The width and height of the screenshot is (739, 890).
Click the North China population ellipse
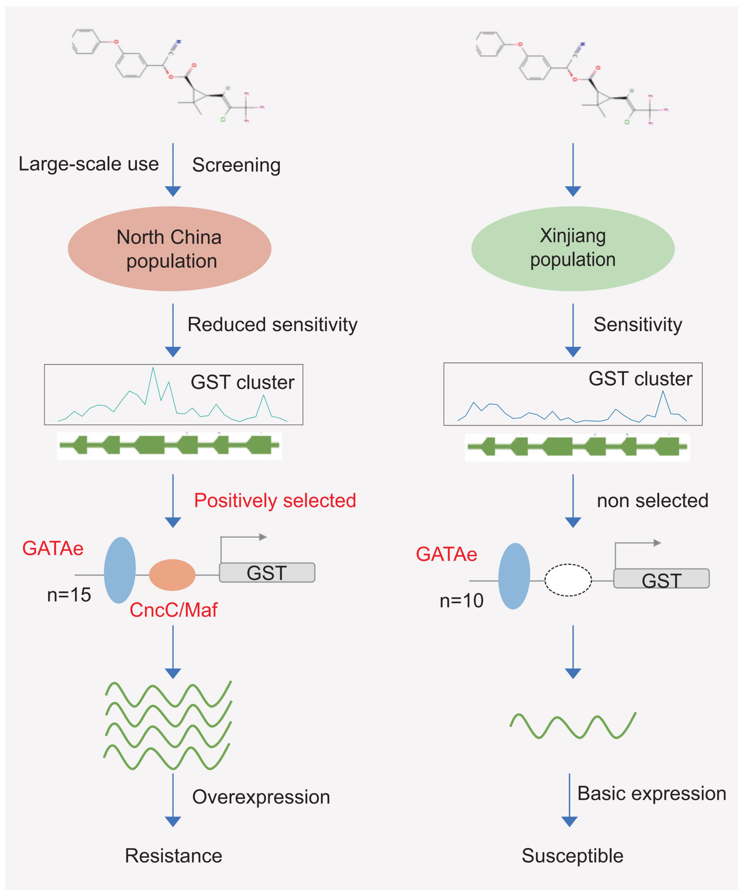[x=169, y=249]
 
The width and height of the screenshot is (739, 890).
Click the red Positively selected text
[x=275, y=500]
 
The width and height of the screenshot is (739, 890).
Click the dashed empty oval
[x=568, y=580]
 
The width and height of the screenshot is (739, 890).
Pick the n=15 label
[x=69, y=595]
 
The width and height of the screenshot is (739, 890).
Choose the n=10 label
[x=462, y=601]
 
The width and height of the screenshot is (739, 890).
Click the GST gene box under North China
[x=267, y=573]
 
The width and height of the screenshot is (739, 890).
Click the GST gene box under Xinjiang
[x=661, y=579]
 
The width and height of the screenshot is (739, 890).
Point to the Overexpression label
[x=261, y=797]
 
